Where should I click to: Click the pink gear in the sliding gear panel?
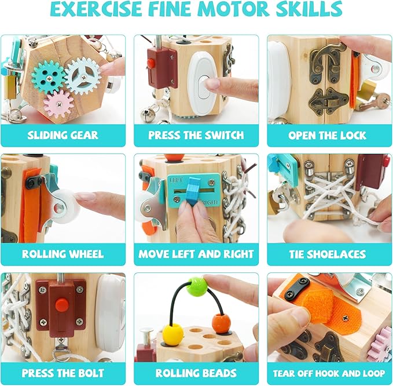pos(58,104)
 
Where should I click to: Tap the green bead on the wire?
pos(197,287)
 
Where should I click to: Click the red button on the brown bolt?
pos(62,304)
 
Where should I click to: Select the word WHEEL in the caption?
pos(86,254)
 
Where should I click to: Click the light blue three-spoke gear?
pos(83,76)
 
